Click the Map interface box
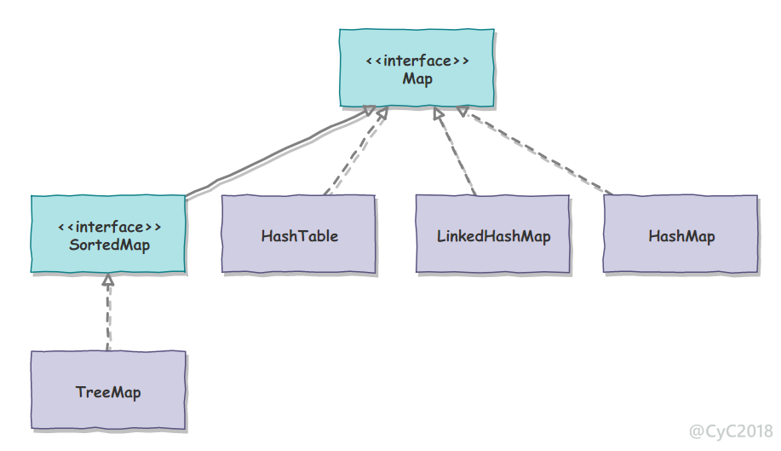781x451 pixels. pyautogui.click(x=416, y=67)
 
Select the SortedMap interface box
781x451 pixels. pyautogui.click(x=108, y=234)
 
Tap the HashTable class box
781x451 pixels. pyautogui.click(x=298, y=234)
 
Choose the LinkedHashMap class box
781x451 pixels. pyautogui.click(x=492, y=234)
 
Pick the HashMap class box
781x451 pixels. pyautogui.click(x=681, y=234)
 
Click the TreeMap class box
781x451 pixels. pyautogui.click(x=108, y=390)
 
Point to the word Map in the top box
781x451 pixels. pyautogui.click(x=417, y=79)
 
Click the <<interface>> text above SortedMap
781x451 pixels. pyautogui.click(x=110, y=227)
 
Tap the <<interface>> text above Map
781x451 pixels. pyautogui.click(x=417, y=61)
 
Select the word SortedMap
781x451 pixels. pyautogui.click(x=110, y=245)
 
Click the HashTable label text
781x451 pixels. pyautogui.click(x=299, y=235)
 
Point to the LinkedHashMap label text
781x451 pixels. pyautogui.click(x=494, y=236)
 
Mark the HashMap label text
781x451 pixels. pyautogui.click(x=681, y=236)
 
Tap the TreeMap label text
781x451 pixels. pyautogui.click(x=108, y=392)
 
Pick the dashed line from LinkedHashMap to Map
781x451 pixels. pyautogui.click(x=455, y=151)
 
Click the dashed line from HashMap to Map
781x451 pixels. pyautogui.click(x=535, y=150)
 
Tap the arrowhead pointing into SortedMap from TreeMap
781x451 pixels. pyautogui.click(x=108, y=280)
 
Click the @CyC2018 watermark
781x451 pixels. pyautogui.click(x=731, y=431)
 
